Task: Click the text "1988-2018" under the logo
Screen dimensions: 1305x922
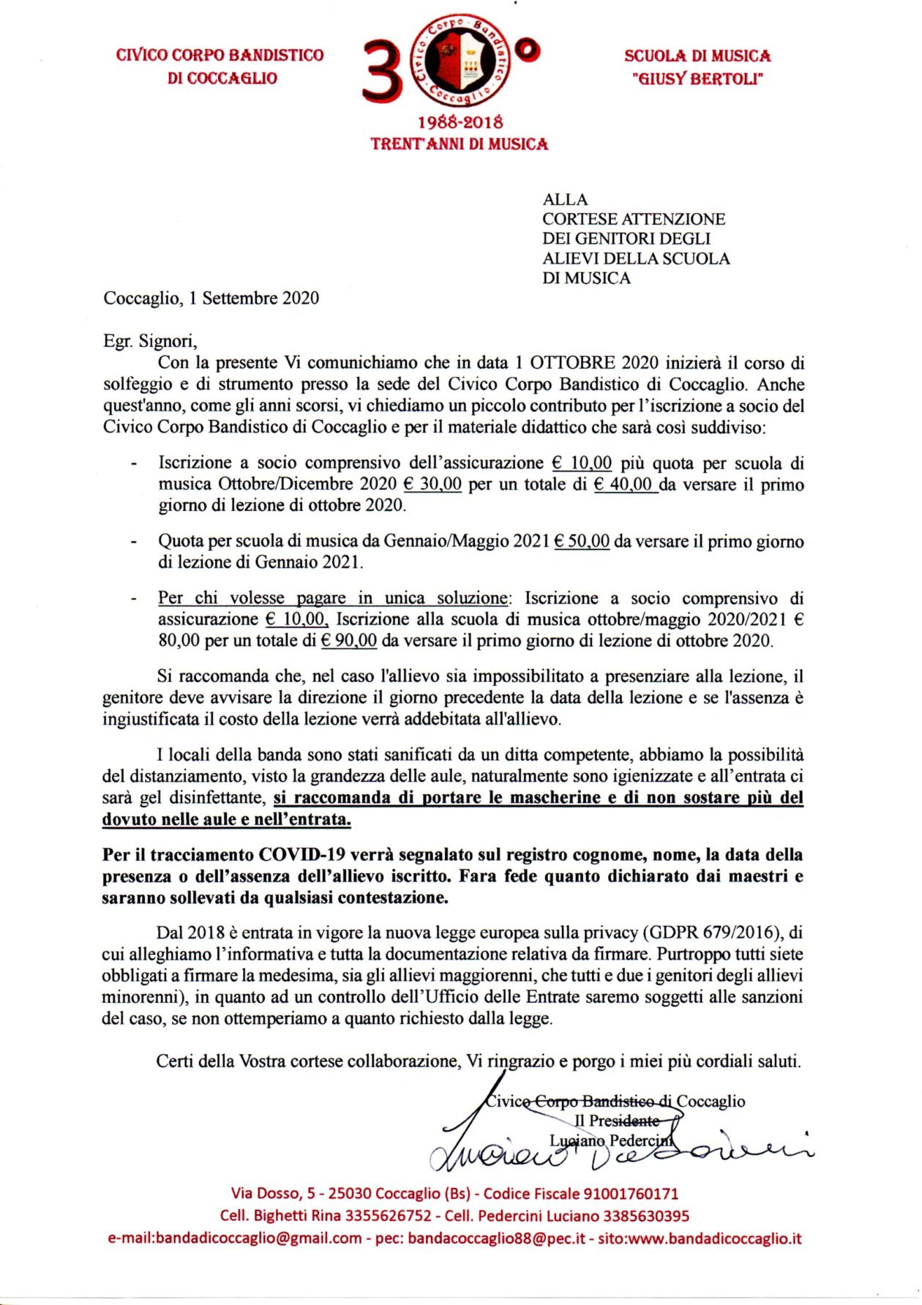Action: [460, 121]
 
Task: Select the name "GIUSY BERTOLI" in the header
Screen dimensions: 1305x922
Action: [697, 78]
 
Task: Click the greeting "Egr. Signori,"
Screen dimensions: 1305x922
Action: [149, 340]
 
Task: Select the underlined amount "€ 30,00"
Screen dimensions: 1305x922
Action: [432, 484]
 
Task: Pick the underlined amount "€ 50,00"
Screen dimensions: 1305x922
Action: [582, 541]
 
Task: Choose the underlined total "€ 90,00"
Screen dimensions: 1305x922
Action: [349, 640]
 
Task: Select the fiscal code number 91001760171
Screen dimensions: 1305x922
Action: [630, 1194]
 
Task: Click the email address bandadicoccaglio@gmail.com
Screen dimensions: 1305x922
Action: [235, 1239]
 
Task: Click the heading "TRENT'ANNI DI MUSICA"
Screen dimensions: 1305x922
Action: [460, 144]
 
